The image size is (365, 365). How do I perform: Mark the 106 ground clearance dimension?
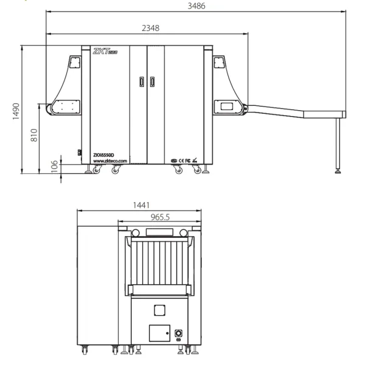[54, 165]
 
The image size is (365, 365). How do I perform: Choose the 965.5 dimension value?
[160, 217]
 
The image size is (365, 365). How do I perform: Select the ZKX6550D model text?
[105, 155]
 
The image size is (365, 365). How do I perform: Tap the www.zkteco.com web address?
[109, 161]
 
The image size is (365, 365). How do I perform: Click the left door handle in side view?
[142, 81]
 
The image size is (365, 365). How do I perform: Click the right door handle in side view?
[152, 81]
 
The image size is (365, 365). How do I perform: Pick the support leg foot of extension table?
[338, 171]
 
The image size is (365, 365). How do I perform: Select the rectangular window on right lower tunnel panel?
[230, 106]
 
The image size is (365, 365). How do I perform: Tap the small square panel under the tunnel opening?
[159, 310]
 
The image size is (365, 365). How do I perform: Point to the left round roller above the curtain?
[137, 232]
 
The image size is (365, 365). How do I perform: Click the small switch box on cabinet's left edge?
[78, 153]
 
